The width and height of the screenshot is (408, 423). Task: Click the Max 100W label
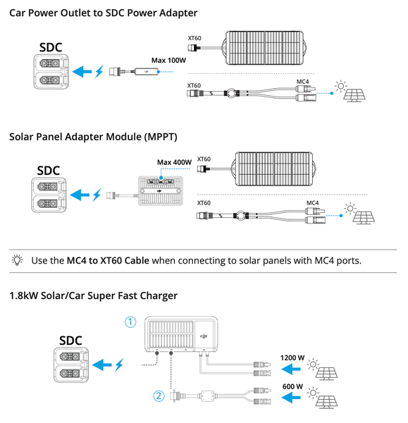point(168,60)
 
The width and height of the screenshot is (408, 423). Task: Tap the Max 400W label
point(174,162)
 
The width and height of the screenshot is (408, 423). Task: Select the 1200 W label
point(292,357)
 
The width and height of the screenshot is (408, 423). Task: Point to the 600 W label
point(292,386)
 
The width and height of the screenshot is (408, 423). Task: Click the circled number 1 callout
point(130,322)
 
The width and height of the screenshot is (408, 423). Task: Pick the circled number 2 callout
point(159,396)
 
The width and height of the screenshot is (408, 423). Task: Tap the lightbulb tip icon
point(17,260)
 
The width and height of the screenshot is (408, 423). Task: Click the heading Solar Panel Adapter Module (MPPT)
point(93,137)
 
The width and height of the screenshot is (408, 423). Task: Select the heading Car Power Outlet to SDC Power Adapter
point(104,13)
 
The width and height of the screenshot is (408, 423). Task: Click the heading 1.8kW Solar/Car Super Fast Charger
point(93,295)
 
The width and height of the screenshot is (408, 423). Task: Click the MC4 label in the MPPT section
point(312,203)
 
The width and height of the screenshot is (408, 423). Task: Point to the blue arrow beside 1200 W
point(291,369)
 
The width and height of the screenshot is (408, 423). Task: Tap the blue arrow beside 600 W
point(291,398)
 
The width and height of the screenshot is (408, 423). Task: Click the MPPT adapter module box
point(161,191)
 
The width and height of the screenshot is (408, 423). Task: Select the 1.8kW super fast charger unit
point(181,334)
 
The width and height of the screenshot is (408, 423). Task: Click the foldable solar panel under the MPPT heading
point(273,169)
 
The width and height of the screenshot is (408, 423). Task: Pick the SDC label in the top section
point(51,47)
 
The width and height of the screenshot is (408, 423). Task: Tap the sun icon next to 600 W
point(313,393)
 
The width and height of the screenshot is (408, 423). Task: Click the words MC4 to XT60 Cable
point(108,261)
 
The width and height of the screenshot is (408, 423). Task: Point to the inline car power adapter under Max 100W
point(146,72)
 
